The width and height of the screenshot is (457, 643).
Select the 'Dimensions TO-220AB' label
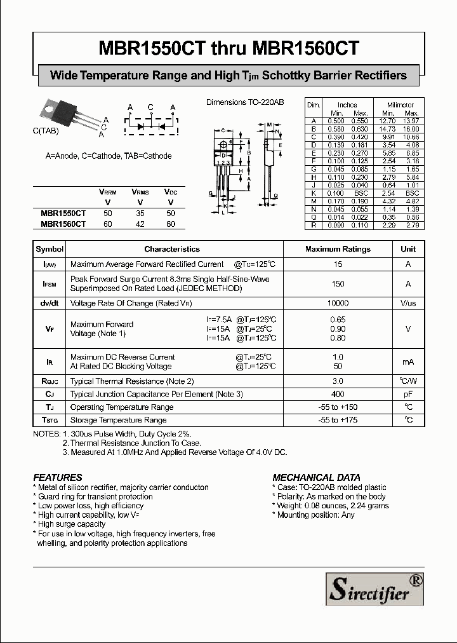coord(245,102)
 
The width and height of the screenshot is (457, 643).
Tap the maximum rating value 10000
coord(337,304)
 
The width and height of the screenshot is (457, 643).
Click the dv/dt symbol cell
coord(50,304)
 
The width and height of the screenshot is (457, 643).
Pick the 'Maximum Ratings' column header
coord(337,249)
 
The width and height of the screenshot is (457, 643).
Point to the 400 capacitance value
coord(337,395)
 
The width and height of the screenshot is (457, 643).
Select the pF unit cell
coord(408,395)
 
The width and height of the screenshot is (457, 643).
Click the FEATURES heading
coord(58,477)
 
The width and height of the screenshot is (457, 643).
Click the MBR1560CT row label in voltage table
coord(63,224)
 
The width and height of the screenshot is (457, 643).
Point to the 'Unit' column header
coord(408,249)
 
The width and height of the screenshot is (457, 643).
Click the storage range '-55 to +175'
coord(337,420)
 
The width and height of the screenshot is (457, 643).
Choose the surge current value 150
coord(337,284)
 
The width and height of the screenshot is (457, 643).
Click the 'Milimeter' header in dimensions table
coord(400,105)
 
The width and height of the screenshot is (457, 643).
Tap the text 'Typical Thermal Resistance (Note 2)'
coord(132,381)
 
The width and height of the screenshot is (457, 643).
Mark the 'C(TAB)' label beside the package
coord(45,130)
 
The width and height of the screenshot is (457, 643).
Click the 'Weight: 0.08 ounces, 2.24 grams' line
coord(331,506)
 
